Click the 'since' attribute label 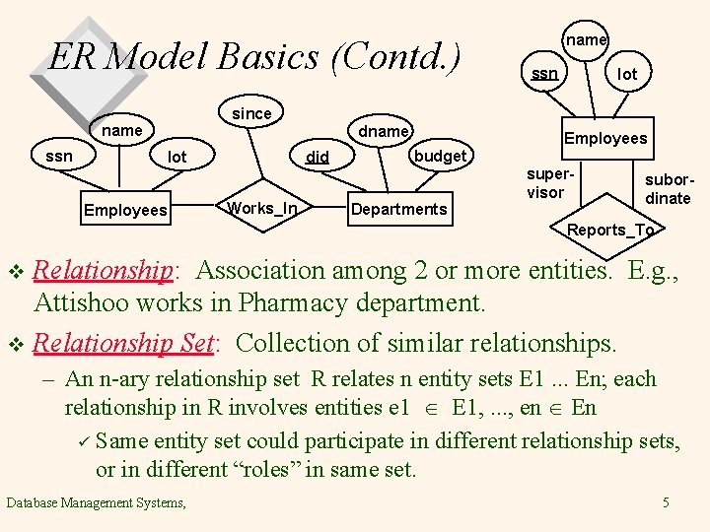tap(251, 113)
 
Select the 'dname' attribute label tap(384, 131)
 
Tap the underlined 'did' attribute tap(318, 157)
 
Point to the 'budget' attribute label tap(440, 156)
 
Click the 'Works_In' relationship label tap(261, 207)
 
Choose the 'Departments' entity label tap(398, 209)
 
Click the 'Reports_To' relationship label tap(610, 231)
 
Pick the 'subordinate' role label tap(668, 189)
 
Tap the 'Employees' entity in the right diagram tap(605, 138)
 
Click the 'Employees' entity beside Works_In tap(125, 210)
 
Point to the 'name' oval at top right tap(586, 39)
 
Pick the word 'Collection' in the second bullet tap(299, 343)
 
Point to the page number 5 tap(666, 503)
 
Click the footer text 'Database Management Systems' tap(95, 503)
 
